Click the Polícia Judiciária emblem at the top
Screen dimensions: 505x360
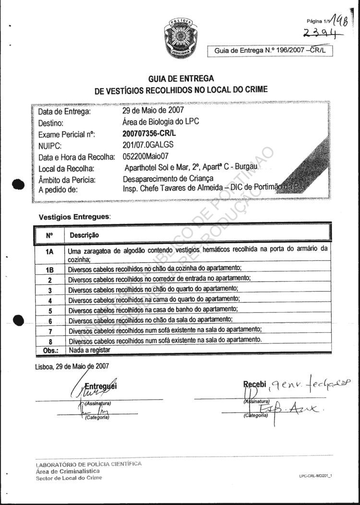tap(180, 36)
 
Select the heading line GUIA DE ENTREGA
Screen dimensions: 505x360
tap(181, 79)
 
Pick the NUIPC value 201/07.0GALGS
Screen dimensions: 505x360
tap(148, 145)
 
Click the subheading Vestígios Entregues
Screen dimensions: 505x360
tap(74, 217)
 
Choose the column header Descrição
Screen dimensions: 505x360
tap(84, 235)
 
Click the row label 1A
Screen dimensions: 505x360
tap(49, 250)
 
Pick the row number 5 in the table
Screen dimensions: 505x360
tap(49, 310)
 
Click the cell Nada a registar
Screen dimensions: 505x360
tap(89, 350)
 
